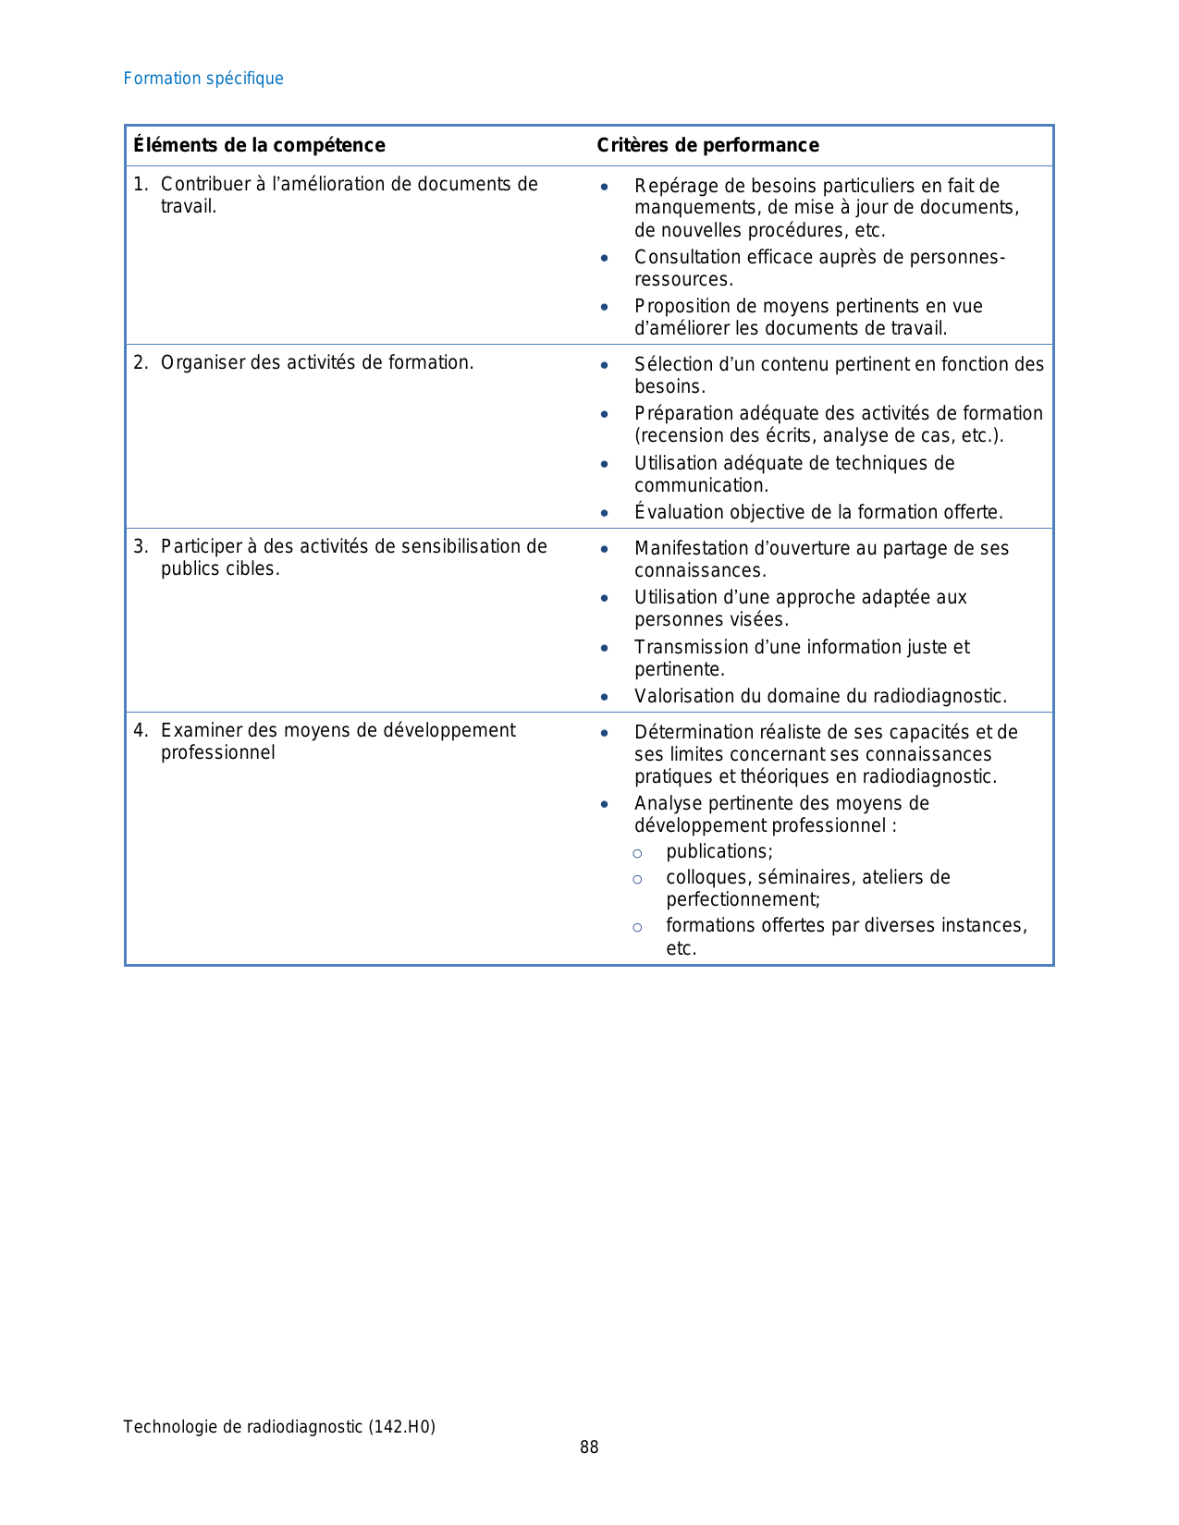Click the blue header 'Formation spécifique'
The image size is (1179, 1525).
(203, 79)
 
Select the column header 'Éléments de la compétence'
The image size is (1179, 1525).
(259, 145)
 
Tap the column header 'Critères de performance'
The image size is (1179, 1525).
(707, 145)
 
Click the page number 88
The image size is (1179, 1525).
(589, 1447)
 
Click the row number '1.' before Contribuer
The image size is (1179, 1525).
(141, 184)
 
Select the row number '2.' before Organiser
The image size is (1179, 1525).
(141, 362)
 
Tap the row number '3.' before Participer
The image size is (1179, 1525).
(141, 546)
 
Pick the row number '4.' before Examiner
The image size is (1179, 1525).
(141, 730)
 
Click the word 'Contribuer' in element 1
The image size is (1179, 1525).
(205, 184)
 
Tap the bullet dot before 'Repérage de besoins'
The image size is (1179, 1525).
(604, 187)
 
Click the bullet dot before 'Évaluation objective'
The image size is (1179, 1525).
(604, 513)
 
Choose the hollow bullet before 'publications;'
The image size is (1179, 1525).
(637, 853)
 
